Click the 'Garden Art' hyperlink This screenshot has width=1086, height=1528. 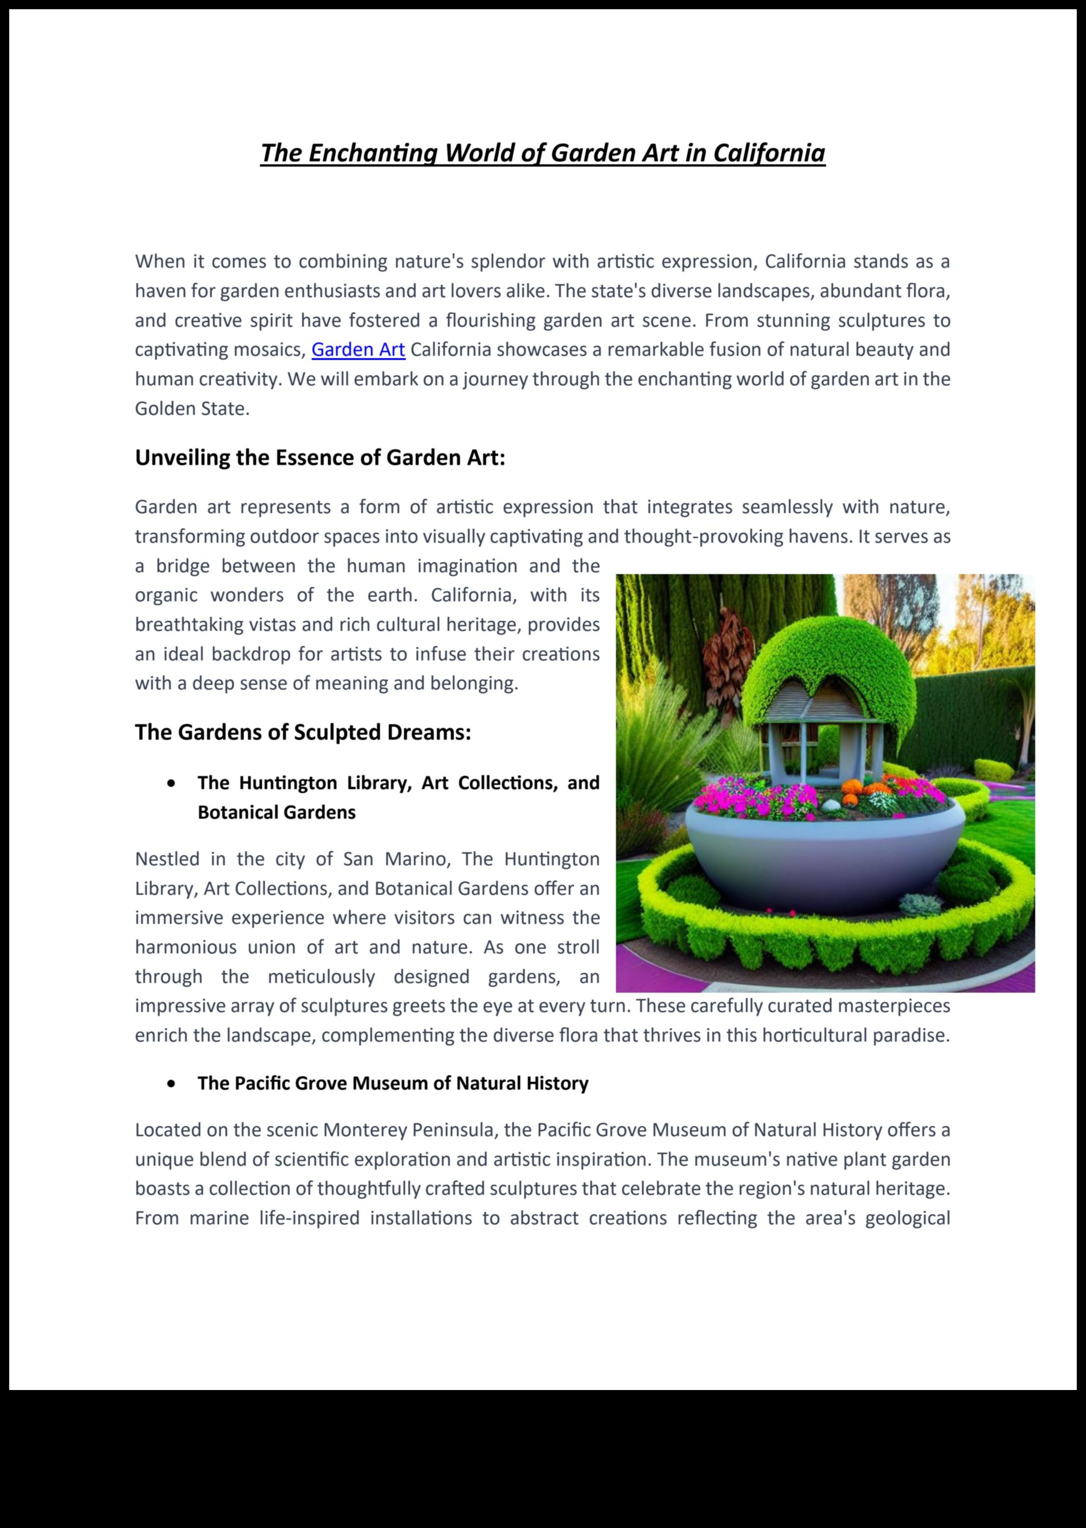(358, 350)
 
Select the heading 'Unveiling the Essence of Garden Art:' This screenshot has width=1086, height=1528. (320, 458)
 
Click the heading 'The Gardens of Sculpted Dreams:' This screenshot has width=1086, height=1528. (303, 732)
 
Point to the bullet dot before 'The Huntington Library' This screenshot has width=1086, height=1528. (173, 784)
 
